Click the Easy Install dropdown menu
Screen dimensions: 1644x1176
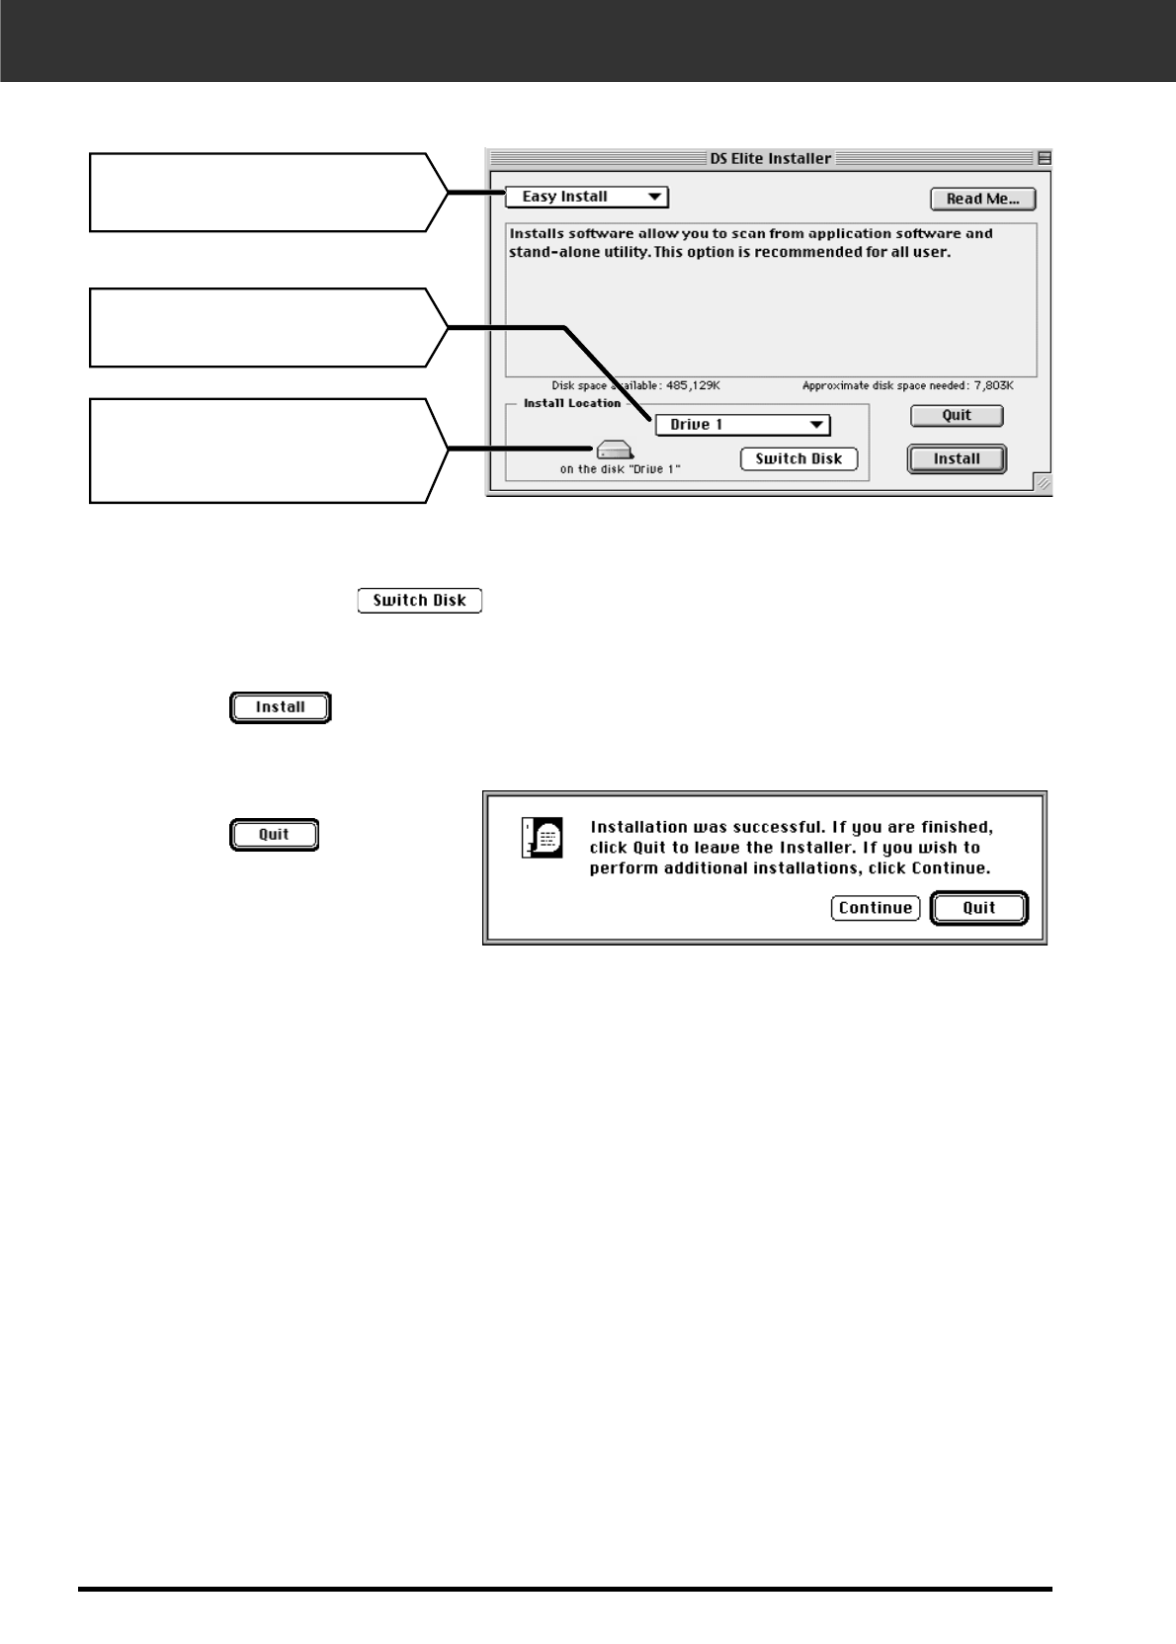587,197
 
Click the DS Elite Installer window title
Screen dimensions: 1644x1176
771,158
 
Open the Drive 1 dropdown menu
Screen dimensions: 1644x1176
742,425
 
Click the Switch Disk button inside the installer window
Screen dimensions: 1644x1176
798,458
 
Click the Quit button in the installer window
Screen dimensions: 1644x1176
957,416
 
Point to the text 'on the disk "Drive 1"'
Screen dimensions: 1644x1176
620,469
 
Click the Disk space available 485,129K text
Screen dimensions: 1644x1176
635,386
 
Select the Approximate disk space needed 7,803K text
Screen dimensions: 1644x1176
908,386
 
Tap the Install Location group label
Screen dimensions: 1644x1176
572,403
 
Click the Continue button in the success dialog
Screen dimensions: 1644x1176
876,908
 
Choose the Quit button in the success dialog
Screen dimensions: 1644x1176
979,908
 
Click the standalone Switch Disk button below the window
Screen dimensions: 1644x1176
420,601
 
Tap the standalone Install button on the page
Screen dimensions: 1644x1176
281,707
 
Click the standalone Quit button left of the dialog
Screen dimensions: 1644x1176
274,835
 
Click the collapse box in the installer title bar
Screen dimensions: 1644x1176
1044,158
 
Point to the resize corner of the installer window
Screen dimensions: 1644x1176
1043,483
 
